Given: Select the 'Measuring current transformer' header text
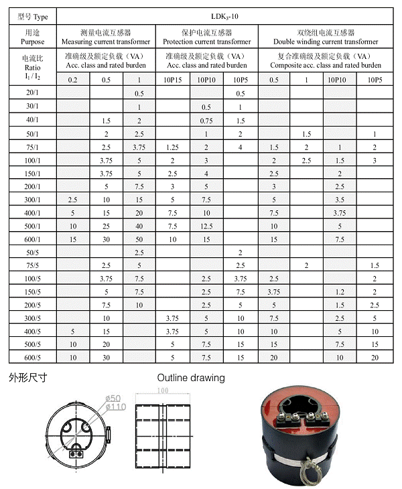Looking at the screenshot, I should (x=106, y=42).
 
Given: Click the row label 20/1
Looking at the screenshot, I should (x=31, y=93).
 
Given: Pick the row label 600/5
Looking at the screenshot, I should (x=31, y=358).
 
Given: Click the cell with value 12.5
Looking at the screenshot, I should (x=206, y=225).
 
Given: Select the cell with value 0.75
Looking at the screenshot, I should (x=206, y=120).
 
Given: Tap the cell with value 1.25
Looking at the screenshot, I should (x=172, y=146).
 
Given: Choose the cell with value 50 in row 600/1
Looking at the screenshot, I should (x=139, y=238).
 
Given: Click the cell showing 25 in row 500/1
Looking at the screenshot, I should (x=106, y=225).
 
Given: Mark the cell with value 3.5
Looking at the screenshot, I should (x=340, y=200).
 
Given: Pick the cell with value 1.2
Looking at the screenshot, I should (x=340, y=291).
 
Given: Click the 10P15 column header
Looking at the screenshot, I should (x=172, y=80).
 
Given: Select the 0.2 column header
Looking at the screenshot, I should (x=72, y=80).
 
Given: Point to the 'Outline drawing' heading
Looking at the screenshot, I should (x=191, y=377).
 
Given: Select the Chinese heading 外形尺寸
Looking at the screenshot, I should (x=27, y=377).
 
